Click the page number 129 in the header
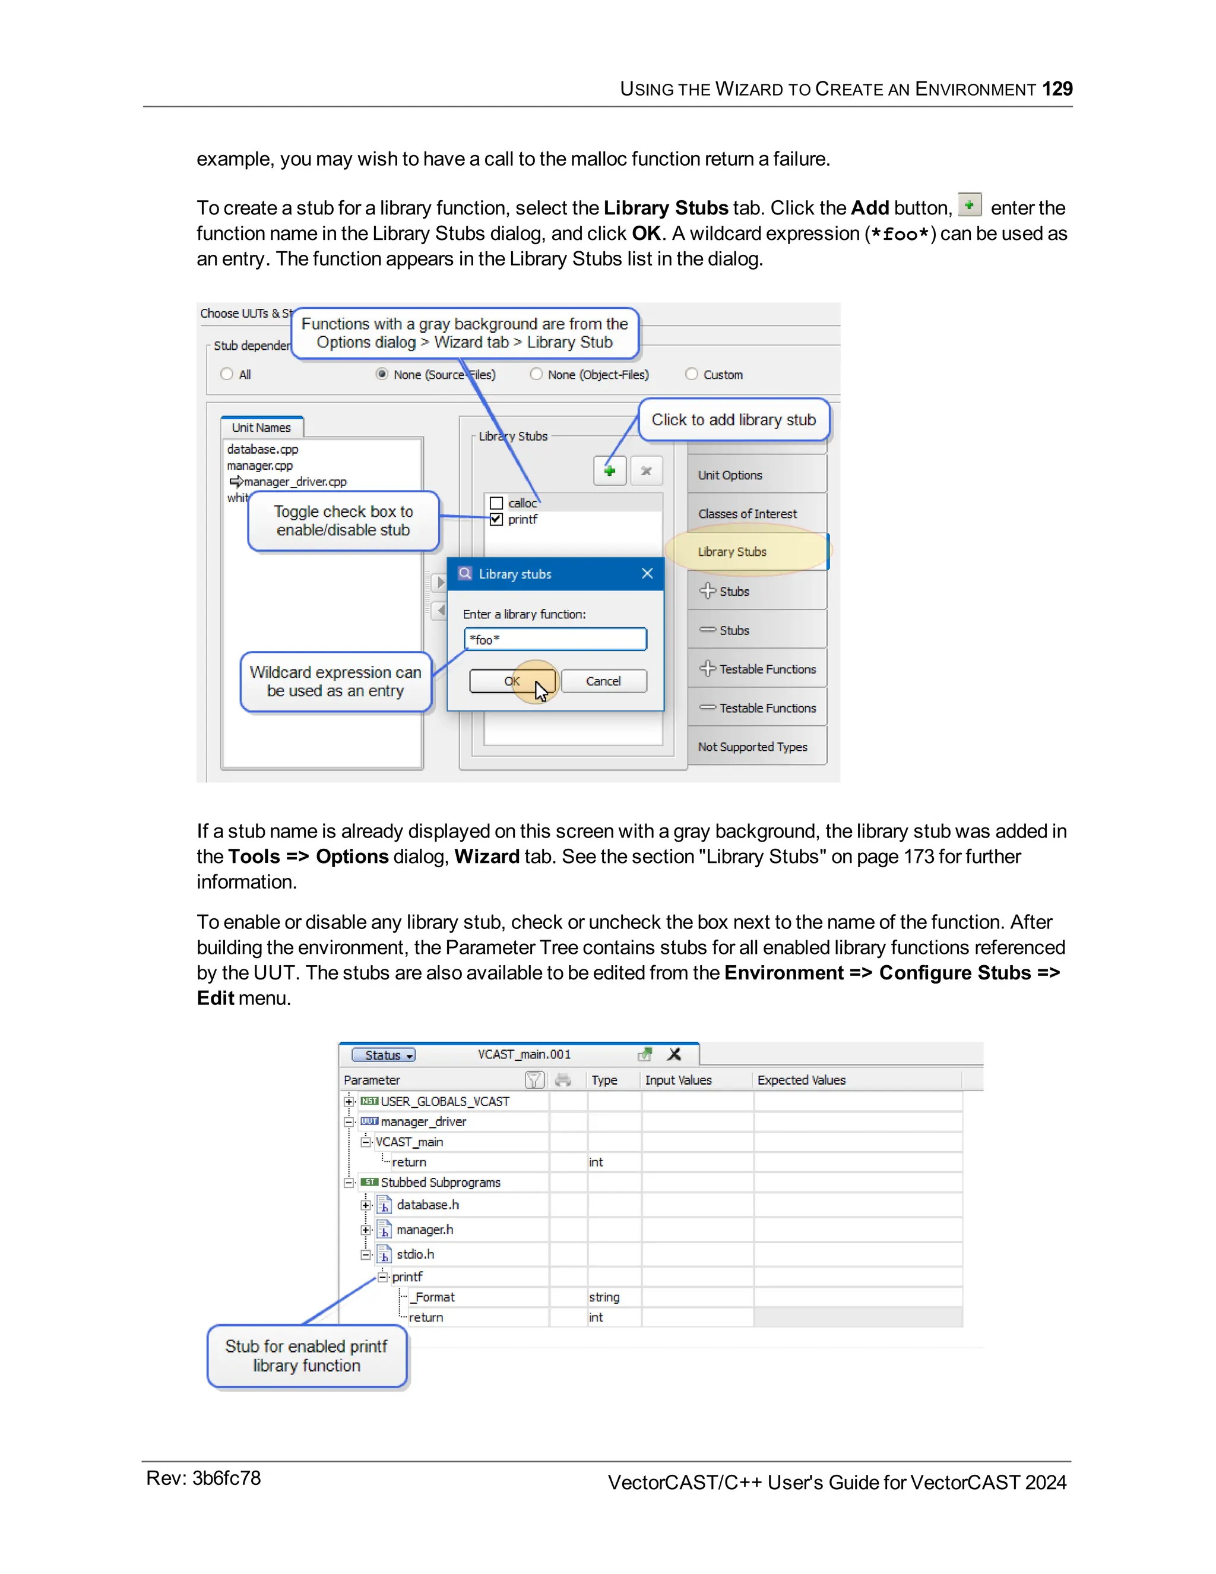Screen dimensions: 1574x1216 [1057, 89]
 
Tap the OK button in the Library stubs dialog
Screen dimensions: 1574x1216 [512, 681]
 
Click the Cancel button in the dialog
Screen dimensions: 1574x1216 [603, 681]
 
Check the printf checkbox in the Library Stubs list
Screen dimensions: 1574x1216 [496, 519]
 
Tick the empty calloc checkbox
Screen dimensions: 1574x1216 [496, 503]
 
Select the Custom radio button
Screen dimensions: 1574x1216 [692, 374]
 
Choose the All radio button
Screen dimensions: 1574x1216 [227, 374]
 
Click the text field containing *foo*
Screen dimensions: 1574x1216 [555, 639]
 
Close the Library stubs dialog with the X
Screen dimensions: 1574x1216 [647, 574]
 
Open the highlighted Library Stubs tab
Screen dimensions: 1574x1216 [732, 551]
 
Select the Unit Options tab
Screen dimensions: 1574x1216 [730, 475]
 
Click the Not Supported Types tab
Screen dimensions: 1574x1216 [752, 747]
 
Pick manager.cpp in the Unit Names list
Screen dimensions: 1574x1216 [260, 466]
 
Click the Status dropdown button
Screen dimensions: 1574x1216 [383, 1055]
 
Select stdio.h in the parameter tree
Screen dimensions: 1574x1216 [415, 1254]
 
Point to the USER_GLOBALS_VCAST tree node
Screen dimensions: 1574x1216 [445, 1101]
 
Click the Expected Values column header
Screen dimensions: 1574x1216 [801, 1080]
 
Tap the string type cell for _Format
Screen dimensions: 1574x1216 [604, 1297]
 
